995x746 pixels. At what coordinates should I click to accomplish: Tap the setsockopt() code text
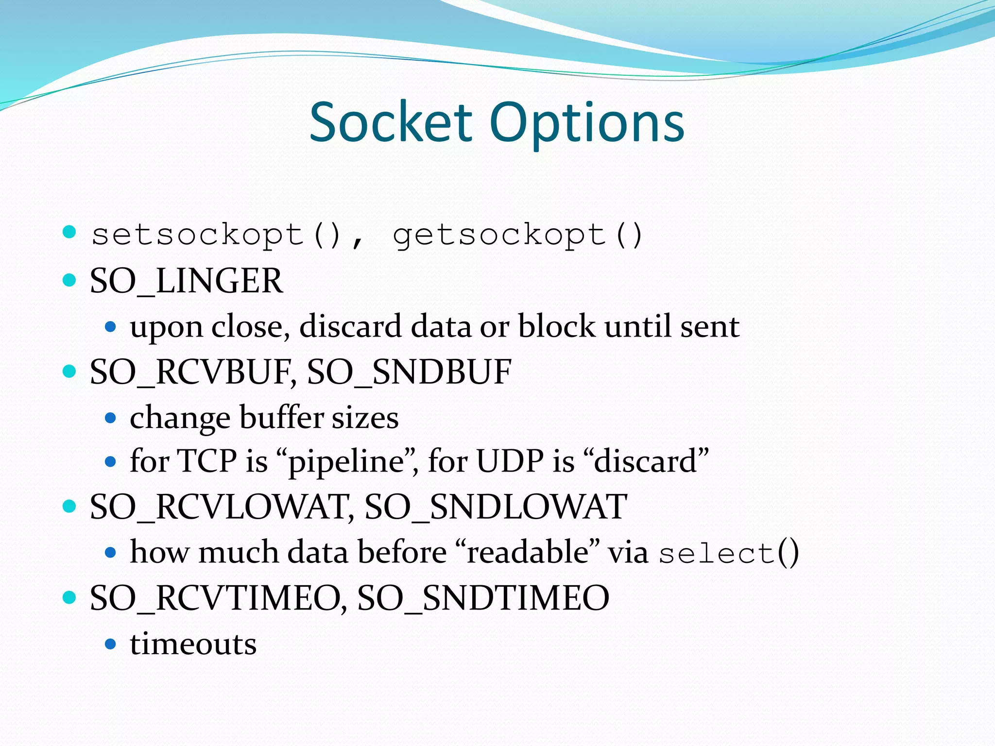[x=217, y=236]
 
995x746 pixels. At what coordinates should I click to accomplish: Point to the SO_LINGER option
[x=186, y=281]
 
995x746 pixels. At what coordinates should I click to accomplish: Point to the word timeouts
[x=193, y=644]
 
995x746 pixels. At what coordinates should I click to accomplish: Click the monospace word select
[x=717, y=554]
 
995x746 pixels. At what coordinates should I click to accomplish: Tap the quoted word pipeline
[x=346, y=461]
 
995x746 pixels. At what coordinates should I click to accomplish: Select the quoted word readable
[x=528, y=553]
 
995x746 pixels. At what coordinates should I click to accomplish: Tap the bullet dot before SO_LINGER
[x=70, y=280]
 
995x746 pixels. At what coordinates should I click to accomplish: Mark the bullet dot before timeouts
[x=111, y=644]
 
